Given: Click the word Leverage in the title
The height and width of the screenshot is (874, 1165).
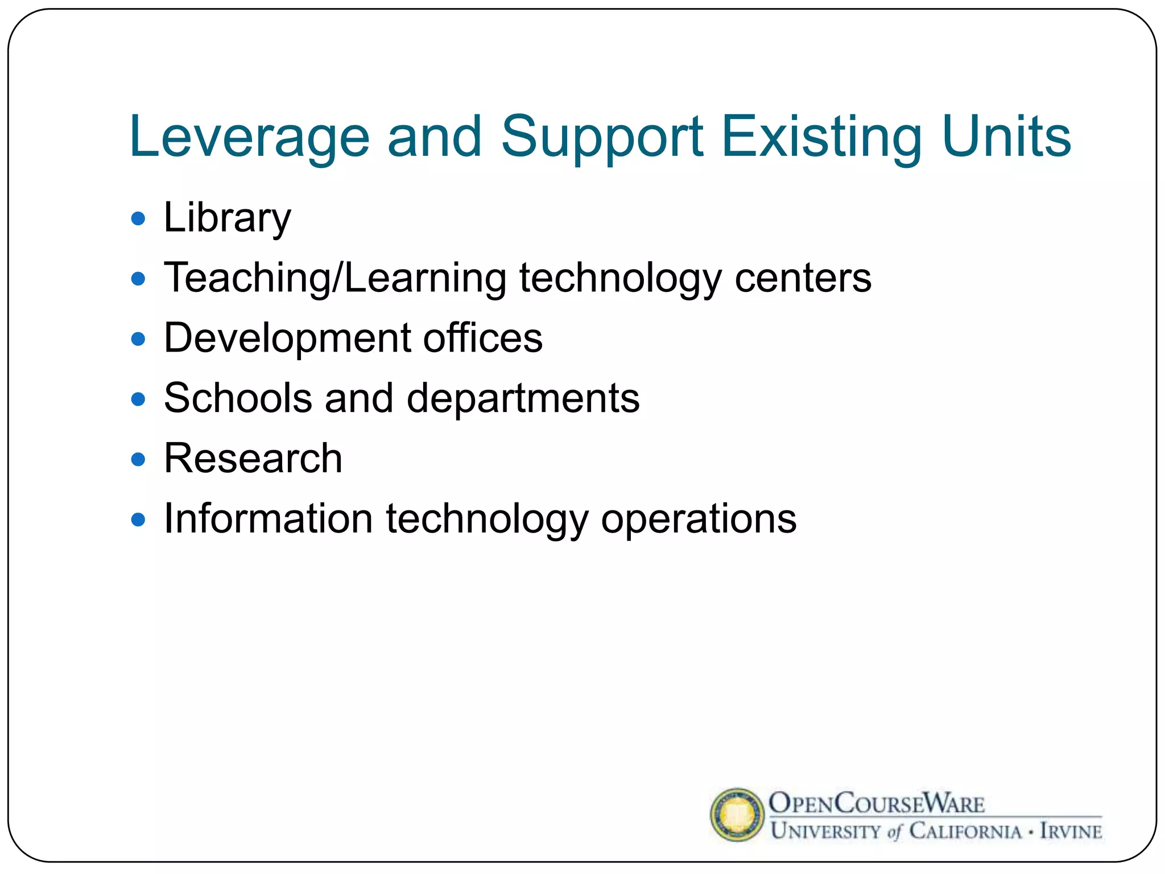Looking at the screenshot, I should (x=249, y=137).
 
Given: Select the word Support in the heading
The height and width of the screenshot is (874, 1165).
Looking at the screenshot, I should (x=602, y=137).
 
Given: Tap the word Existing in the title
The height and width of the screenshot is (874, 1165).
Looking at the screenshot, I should (x=822, y=137).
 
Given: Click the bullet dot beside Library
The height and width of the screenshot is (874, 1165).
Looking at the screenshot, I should (x=138, y=218).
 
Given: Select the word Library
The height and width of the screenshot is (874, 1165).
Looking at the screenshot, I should (x=227, y=218).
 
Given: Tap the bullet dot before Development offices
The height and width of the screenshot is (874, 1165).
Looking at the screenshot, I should (x=138, y=339).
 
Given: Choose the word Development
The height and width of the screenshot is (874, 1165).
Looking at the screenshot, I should (x=287, y=339).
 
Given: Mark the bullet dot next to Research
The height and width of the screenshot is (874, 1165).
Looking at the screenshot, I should (x=138, y=459).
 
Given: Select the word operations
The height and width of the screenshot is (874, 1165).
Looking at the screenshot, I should (x=699, y=519).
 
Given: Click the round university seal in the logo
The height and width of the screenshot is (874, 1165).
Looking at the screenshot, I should (x=737, y=814).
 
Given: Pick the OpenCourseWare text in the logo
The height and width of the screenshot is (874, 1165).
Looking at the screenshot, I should (x=876, y=803).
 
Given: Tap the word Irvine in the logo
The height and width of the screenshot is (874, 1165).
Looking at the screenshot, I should (x=1071, y=831).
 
